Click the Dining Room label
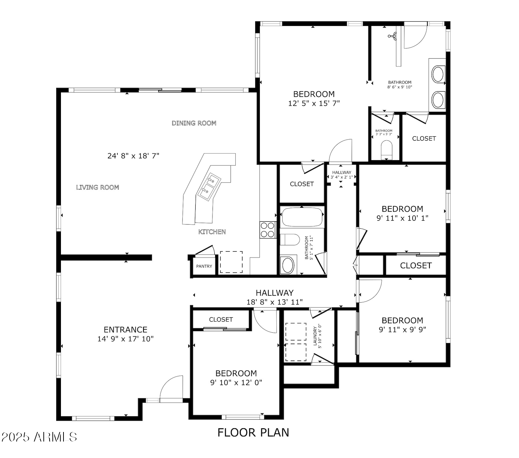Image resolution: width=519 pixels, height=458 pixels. (194, 123)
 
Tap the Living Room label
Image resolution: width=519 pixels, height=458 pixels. (98, 188)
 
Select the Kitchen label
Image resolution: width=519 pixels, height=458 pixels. (212, 232)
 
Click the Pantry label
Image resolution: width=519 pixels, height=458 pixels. (204, 266)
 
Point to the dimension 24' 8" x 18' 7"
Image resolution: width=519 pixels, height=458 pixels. (133, 156)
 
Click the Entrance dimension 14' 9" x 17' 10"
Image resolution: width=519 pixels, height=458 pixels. (126, 339)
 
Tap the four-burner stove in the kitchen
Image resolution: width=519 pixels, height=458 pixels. (268, 230)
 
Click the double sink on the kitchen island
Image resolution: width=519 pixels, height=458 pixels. (208, 186)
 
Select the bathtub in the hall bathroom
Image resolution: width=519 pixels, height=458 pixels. (302, 217)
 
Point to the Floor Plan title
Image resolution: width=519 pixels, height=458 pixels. (253, 433)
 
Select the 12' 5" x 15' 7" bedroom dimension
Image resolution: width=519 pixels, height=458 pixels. (314, 104)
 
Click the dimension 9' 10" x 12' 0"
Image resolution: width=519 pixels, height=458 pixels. (236, 383)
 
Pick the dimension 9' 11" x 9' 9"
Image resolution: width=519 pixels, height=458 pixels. (402, 329)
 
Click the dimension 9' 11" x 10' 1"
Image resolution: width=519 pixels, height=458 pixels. (402, 218)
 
